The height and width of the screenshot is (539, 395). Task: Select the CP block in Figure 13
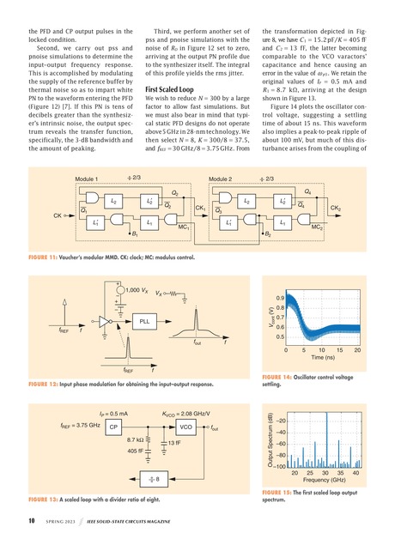pyautogui.click(x=114, y=426)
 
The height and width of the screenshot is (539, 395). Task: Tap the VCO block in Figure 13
pyautogui.click(x=185, y=426)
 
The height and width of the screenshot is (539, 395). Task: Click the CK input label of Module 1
pyautogui.click(x=57, y=214)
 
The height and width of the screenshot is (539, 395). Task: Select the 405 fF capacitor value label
pyautogui.click(x=135, y=449)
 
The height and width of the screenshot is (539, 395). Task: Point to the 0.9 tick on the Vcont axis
pyautogui.click(x=292, y=298)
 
